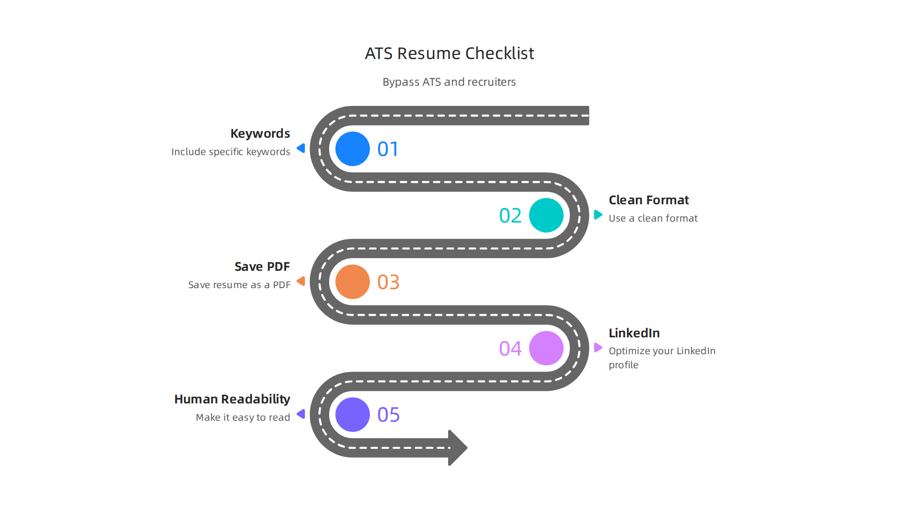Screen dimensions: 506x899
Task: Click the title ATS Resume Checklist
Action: click(x=449, y=53)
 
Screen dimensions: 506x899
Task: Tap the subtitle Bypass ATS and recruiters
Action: click(x=449, y=82)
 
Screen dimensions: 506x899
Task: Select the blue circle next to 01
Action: click(x=353, y=149)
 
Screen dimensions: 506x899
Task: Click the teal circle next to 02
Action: click(x=546, y=216)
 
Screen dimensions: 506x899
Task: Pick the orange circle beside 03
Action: click(x=353, y=282)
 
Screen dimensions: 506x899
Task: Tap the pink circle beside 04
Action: click(x=546, y=348)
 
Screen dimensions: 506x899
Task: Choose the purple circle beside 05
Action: click(x=353, y=415)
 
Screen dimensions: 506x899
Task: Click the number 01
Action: click(x=388, y=149)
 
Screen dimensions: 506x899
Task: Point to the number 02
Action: click(x=510, y=216)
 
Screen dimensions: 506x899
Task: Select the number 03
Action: click(x=388, y=282)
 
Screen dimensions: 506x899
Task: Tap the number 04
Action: click(x=510, y=349)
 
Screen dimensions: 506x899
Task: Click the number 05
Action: click(x=388, y=415)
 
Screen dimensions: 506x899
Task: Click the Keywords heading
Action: click(x=260, y=134)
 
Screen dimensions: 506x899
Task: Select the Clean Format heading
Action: click(x=648, y=200)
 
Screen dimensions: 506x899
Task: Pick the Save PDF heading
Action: click(x=262, y=267)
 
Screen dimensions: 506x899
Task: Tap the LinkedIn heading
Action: click(x=634, y=333)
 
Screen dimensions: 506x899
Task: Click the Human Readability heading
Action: click(x=232, y=399)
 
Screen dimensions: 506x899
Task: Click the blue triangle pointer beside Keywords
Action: click(x=301, y=149)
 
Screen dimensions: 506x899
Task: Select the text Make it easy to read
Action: click(x=243, y=417)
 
